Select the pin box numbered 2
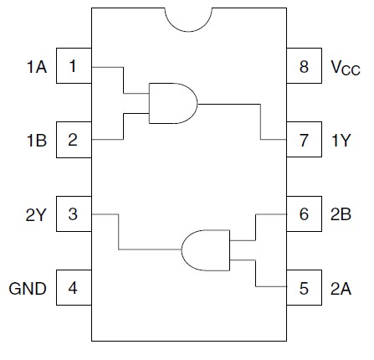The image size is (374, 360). click(x=74, y=140)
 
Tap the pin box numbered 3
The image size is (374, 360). click(x=74, y=215)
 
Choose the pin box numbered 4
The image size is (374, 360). click(x=74, y=289)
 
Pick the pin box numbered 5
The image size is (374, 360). click(x=304, y=289)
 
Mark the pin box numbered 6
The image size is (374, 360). click(x=304, y=215)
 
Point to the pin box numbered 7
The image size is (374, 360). click(x=304, y=140)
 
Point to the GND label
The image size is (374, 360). click(x=28, y=289)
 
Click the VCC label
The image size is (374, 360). click(x=346, y=68)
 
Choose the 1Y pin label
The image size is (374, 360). click(x=341, y=140)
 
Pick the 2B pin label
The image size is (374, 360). click(x=341, y=215)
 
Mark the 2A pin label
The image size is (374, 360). click(x=341, y=289)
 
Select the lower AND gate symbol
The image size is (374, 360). click(x=205, y=249)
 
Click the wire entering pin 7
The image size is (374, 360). click(x=273, y=140)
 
